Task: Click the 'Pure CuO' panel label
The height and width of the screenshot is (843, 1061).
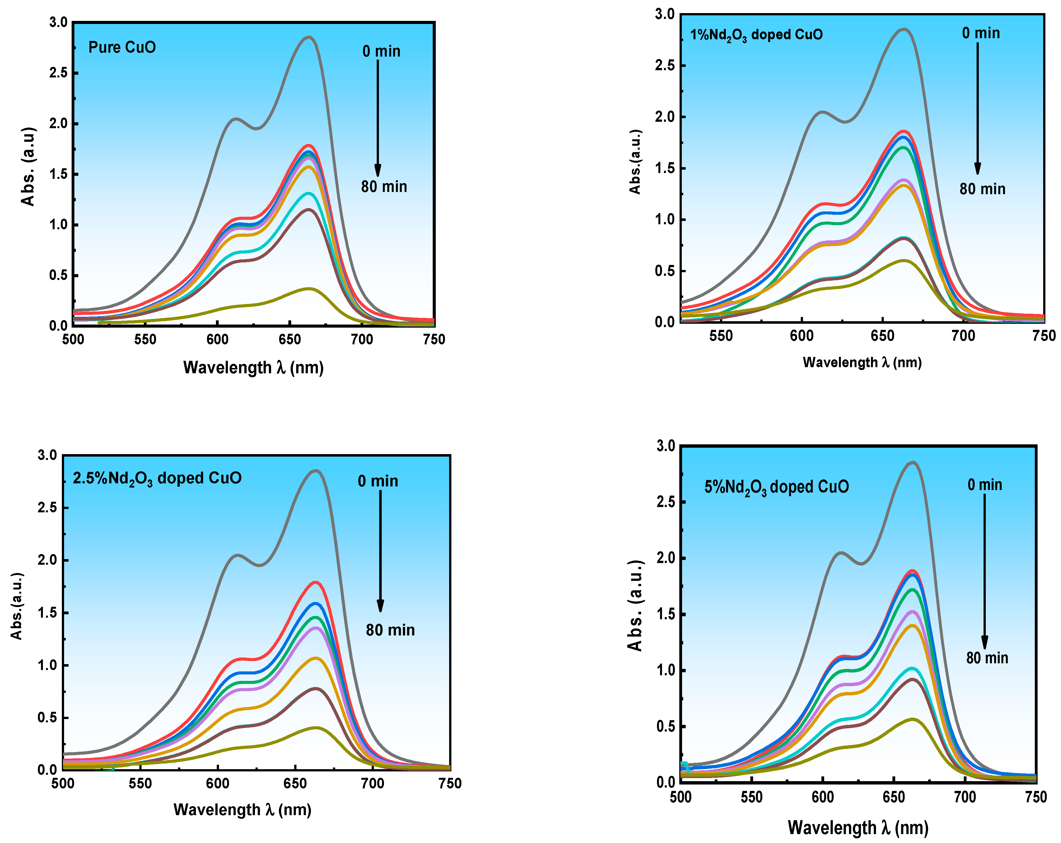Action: [x=122, y=47]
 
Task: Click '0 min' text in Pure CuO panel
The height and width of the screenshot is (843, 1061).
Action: [x=381, y=51]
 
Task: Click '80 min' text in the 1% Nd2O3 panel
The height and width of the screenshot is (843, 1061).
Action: [x=982, y=189]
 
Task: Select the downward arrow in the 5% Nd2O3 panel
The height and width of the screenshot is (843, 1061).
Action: [x=985, y=571]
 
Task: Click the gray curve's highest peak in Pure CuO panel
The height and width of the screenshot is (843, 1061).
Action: [x=309, y=37]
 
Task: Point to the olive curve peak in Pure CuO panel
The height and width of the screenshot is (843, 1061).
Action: [x=309, y=289]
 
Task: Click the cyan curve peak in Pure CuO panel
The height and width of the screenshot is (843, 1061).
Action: [x=309, y=193]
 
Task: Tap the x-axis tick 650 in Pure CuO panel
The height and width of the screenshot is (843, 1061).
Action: [x=289, y=339]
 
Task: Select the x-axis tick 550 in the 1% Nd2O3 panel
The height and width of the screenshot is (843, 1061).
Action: [x=721, y=336]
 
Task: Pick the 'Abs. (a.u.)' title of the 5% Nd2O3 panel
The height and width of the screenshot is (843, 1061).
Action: [x=635, y=605]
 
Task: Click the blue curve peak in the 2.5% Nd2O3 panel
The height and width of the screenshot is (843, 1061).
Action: [x=315, y=603]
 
